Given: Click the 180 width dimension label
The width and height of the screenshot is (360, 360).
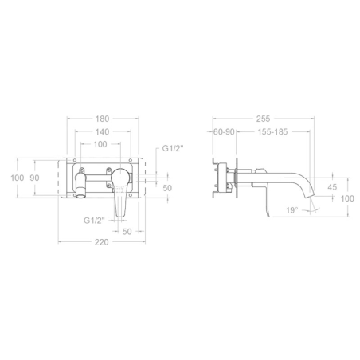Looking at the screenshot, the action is [102, 119].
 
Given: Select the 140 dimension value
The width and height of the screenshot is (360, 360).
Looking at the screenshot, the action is [102, 131].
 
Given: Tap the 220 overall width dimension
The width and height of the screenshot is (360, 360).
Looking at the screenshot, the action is [102, 242].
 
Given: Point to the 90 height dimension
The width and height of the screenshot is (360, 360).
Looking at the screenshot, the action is [34, 178].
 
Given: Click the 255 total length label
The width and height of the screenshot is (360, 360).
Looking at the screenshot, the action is [263, 119].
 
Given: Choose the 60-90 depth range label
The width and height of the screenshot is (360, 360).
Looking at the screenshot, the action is [225, 131].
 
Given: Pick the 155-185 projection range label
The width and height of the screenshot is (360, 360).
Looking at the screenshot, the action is [272, 131].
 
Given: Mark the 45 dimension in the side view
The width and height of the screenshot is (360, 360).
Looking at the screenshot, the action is [332, 187].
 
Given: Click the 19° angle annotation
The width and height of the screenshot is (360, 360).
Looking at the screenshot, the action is [292, 210].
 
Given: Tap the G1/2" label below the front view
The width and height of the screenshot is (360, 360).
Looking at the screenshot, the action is [94, 221].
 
